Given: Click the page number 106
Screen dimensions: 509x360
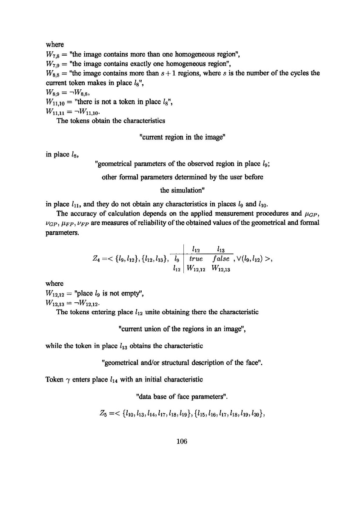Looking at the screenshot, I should pos(182,441).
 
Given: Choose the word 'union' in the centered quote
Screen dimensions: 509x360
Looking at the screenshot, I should pos(163,329).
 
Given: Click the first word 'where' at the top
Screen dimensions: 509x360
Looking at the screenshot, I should pos(54,44).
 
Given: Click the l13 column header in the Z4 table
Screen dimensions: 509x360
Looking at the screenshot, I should pos(221,248).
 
